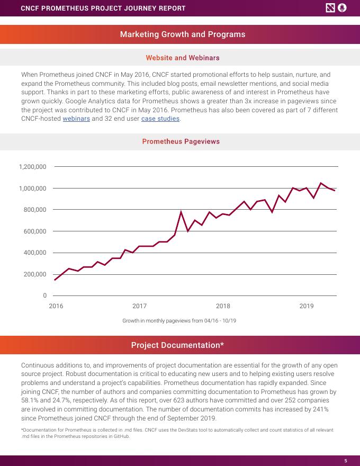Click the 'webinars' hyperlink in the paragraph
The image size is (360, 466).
coord(76,119)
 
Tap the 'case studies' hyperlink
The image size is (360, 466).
coord(160,119)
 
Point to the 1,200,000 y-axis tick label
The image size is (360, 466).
coord(33,167)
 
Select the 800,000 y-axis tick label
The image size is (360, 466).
coord(35,210)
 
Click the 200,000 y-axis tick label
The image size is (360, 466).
coord(35,274)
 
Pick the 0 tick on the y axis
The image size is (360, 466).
coord(45,295)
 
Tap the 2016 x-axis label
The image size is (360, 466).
coord(56,306)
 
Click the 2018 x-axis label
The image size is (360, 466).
coord(223,306)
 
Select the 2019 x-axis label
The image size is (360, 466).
coord(307,306)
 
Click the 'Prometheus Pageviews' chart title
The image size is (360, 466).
coord(181,141)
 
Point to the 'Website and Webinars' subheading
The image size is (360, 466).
coord(182,57)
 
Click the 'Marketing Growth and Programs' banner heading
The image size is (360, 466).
coord(183,34)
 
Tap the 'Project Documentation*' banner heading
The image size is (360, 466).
coord(177,345)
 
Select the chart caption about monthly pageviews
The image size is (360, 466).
coord(179,321)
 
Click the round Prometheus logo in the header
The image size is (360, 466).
coord(342,8)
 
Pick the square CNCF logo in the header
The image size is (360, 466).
coord(330,8)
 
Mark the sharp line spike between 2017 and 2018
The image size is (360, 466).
coord(181,212)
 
